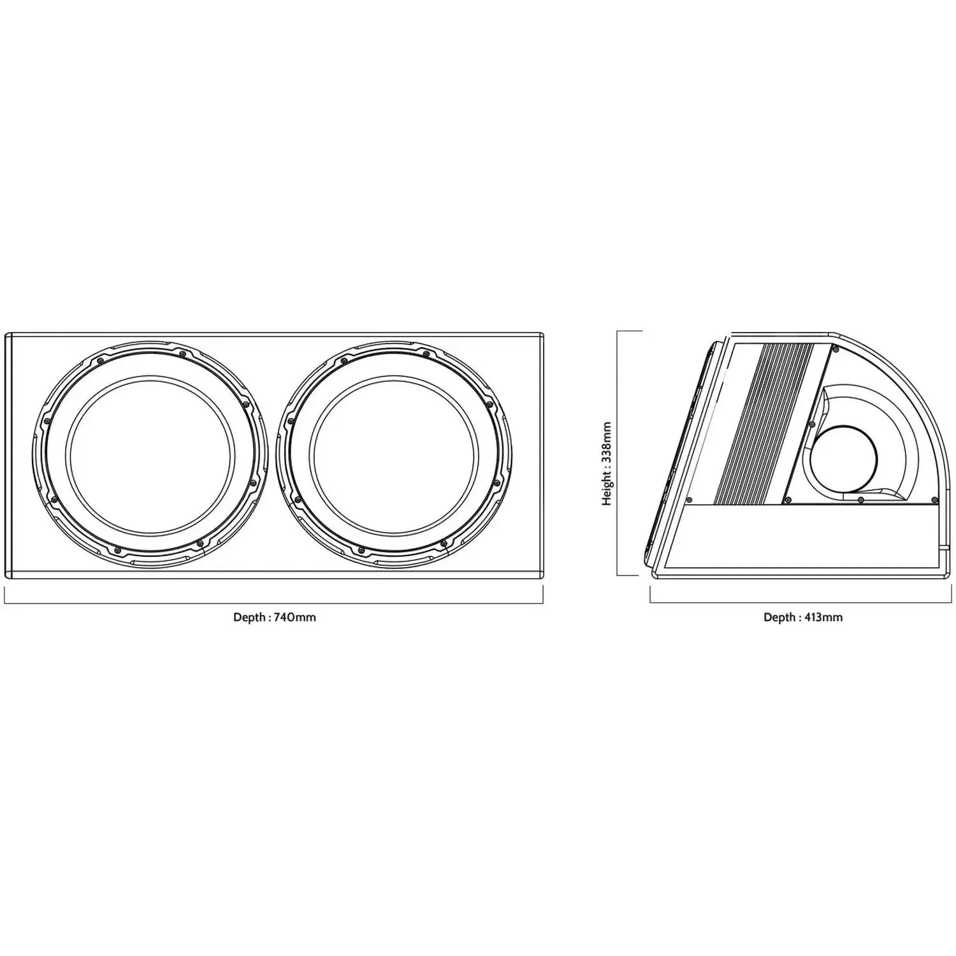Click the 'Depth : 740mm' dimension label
275,617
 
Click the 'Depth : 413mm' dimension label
803,617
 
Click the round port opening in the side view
844,458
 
